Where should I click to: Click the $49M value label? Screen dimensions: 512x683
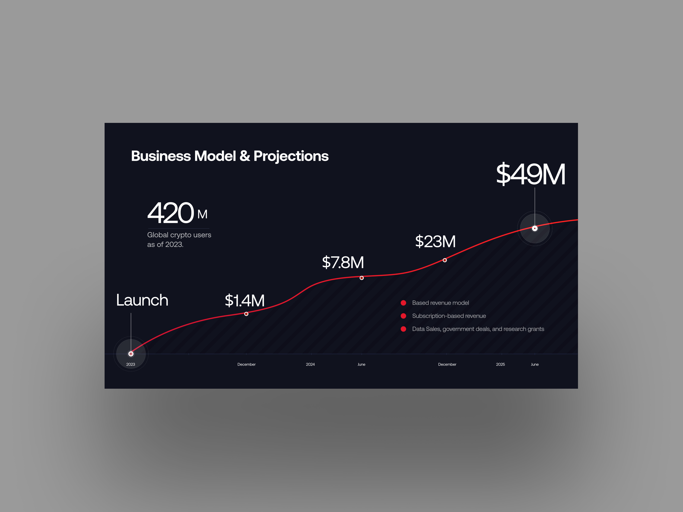click(530, 174)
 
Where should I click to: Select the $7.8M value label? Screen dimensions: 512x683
click(343, 262)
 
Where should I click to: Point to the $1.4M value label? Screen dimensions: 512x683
click(245, 300)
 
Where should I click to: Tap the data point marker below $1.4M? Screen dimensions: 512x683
click(246, 314)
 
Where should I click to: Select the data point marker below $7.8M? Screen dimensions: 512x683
click(362, 278)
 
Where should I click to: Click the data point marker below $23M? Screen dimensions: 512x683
click(445, 260)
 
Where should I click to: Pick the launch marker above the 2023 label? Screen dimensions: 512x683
click(131, 354)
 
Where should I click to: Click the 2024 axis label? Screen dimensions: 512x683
click(310, 364)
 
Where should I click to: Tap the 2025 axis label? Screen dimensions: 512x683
click(501, 364)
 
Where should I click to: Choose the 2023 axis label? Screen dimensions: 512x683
click(131, 364)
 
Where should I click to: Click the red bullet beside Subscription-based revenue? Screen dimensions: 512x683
click(403, 316)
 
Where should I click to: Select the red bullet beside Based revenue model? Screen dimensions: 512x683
click(403, 303)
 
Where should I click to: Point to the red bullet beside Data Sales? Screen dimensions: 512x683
click(403, 329)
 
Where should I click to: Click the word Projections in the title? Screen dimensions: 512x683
click(291, 156)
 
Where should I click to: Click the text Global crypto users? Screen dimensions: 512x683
click(179, 235)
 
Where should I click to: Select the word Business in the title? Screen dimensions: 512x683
click(161, 156)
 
